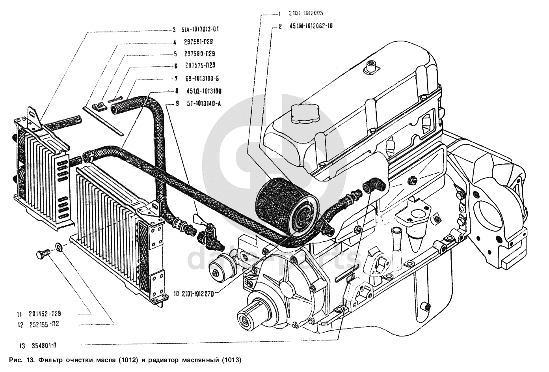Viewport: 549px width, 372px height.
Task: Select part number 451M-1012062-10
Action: point(311,27)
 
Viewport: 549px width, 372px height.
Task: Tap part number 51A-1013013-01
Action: point(200,29)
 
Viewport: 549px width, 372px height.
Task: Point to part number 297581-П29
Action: point(198,42)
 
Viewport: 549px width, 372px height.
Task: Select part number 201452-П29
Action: point(44,314)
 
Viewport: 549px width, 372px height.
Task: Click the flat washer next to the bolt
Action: point(58,248)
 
